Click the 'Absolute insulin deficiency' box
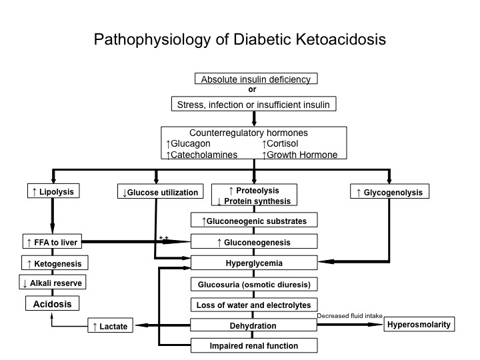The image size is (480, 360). (x=255, y=79)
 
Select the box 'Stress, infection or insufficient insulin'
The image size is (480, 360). (x=253, y=105)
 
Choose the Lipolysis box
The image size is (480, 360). (x=52, y=192)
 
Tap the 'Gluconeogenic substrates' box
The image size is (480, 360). (x=254, y=220)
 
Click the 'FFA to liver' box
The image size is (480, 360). (x=52, y=242)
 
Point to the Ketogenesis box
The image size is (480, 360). (x=53, y=263)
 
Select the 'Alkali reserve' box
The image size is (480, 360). (x=53, y=283)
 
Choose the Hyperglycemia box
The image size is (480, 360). (x=254, y=263)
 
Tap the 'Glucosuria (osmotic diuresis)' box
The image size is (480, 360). (x=254, y=284)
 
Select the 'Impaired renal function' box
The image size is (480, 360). (x=254, y=345)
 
